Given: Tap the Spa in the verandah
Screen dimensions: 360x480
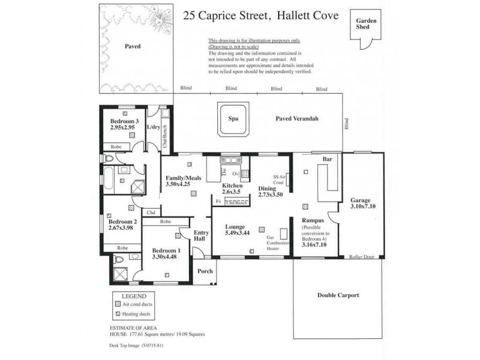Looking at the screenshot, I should tap(233, 119).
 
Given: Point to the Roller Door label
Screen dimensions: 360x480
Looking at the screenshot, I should tap(362, 256).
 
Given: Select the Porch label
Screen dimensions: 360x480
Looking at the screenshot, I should tap(205, 271).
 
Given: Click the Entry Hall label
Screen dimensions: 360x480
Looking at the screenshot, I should tap(199, 235).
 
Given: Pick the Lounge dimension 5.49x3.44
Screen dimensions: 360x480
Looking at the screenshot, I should tap(237, 232).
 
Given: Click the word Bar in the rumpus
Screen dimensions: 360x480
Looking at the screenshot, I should tap(328, 160).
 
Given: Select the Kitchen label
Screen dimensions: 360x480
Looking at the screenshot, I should tap(232, 186).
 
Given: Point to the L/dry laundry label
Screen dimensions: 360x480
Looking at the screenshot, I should tap(153, 127).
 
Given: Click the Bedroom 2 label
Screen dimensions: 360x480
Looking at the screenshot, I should tap(122, 221).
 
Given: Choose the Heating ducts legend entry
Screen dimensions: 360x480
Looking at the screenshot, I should tap(137, 314).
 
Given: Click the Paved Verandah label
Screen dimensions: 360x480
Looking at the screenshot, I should tap(297, 119).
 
